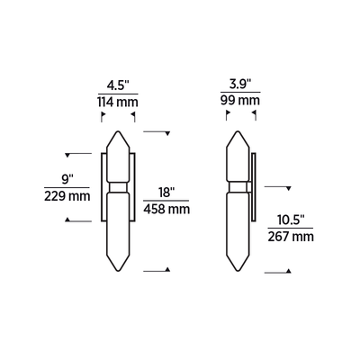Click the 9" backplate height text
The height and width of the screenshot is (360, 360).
point(66,178)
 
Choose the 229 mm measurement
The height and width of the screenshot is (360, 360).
point(66,196)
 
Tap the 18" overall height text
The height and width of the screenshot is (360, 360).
point(166,193)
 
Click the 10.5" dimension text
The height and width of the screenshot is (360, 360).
point(291,220)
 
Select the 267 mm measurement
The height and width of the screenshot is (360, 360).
point(291,238)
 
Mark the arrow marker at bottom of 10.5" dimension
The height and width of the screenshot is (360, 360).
point(287,271)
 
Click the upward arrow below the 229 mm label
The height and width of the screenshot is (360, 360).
point(67,220)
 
